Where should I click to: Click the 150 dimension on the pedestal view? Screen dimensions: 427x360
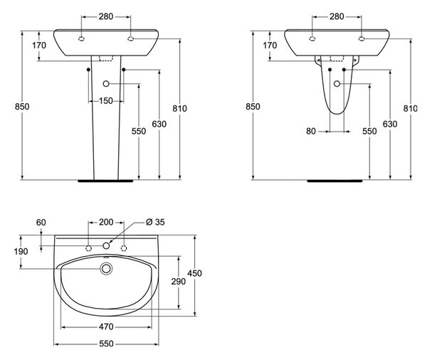(105, 101)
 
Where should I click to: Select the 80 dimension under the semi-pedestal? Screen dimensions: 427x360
(311, 131)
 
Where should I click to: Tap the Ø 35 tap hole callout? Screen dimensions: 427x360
(155, 222)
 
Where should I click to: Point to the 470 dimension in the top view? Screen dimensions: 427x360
(106, 327)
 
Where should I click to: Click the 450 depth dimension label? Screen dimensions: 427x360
(194, 273)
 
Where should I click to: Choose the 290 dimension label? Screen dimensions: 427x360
(179, 281)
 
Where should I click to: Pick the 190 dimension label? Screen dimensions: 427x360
(21, 251)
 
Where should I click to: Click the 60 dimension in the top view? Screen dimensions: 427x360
(41, 223)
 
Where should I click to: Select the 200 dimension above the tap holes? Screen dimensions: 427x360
(106, 222)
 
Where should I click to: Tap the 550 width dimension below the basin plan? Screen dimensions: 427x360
(106, 344)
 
